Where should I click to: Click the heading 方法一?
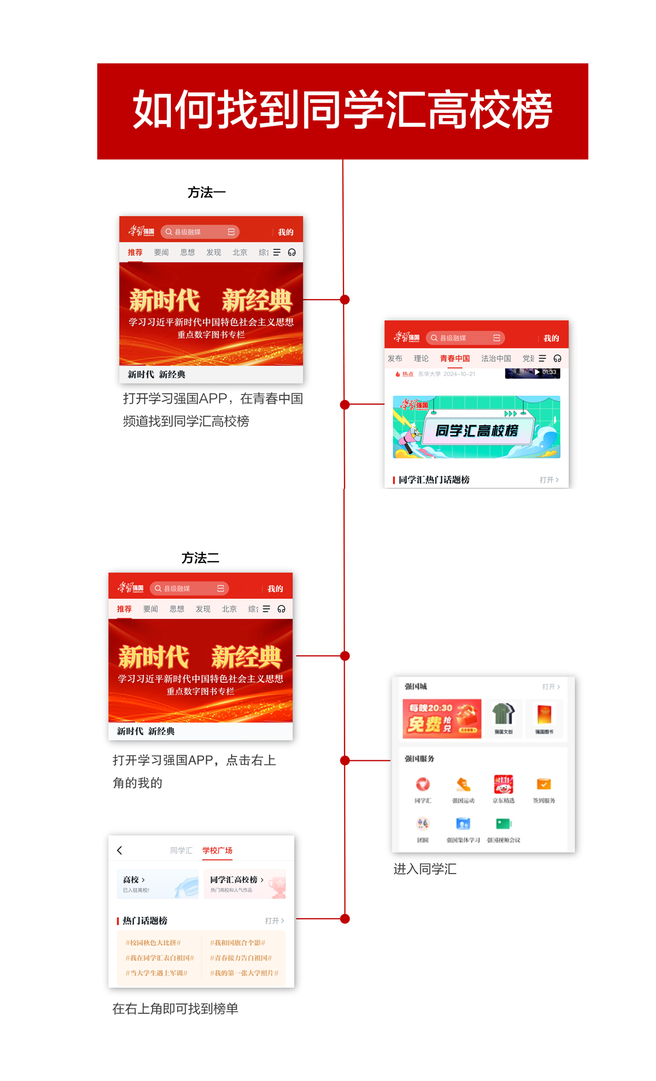point(206,193)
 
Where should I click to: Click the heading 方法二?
point(200,558)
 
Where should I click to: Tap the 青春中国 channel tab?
point(455,359)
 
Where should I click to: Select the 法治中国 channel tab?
point(496,359)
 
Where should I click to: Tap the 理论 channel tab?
point(421,359)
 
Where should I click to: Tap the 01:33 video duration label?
point(549,372)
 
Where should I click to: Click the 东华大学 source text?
point(429,374)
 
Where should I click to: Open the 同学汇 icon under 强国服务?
point(423,785)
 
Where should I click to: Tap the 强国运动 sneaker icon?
point(463,785)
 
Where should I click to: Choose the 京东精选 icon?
point(503,785)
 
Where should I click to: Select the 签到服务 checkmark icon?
point(543,785)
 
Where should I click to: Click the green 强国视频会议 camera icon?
point(503,824)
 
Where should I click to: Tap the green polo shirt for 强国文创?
point(503,715)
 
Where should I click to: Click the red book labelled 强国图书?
point(544,715)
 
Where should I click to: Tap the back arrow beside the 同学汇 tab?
point(120,850)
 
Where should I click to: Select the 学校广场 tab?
point(217,850)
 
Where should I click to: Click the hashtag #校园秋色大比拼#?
point(153,943)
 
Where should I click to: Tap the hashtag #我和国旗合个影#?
point(238,943)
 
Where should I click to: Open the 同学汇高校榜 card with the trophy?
point(245,884)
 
